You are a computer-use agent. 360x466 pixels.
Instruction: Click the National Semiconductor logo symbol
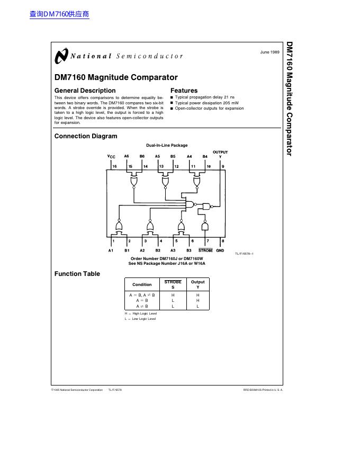coord(61,56)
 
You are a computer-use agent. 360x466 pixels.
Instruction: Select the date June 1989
coord(269,52)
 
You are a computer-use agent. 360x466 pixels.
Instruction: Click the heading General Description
coord(85,91)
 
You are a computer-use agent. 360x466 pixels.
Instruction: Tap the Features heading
coord(184,91)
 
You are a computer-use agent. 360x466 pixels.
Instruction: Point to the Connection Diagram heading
coord(86,136)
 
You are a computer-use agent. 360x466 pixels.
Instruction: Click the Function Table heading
coord(77,274)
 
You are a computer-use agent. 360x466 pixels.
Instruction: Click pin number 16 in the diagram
coord(115,166)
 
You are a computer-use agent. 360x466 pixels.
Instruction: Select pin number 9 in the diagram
coord(223,166)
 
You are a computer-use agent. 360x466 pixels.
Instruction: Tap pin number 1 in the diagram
coord(114,240)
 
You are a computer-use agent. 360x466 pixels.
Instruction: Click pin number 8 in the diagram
coord(222,240)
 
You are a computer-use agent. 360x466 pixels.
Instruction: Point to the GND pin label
coord(220,250)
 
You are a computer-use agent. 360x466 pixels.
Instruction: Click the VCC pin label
coord(111,157)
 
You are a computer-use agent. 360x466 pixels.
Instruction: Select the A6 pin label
coord(127,156)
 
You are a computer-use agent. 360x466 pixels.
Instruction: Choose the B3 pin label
coord(188,250)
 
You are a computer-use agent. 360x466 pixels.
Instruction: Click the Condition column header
coord(142,284)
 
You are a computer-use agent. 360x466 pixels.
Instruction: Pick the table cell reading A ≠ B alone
coord(142,306)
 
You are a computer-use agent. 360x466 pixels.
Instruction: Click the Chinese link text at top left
coord(59,14)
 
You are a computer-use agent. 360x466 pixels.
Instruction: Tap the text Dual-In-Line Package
coord(167,145)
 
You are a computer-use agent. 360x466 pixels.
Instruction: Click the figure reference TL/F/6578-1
coord(244,254)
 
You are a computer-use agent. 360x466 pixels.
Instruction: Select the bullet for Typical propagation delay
coord(172,97)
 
